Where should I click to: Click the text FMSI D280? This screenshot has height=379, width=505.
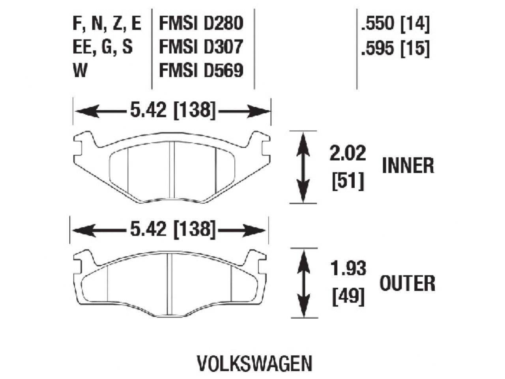coord(200,24)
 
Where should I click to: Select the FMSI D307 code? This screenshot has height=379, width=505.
coord(200,47)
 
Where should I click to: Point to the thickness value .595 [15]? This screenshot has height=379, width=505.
coord(394,48)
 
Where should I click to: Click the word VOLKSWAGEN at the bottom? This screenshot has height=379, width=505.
coord(254,363)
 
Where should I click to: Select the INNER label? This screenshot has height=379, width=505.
coord(408,165)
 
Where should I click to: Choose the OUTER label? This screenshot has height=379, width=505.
coord(408,283)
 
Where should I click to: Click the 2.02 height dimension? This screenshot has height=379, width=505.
coord(348,154)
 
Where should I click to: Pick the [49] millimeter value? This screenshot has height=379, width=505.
coord(348,296)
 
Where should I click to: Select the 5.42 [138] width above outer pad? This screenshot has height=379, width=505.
coord(172,229)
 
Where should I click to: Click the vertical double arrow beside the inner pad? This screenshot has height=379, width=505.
coord(303,167)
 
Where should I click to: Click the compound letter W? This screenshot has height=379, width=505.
coord(80,71)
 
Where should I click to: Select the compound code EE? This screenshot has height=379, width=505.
coord(81,48)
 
